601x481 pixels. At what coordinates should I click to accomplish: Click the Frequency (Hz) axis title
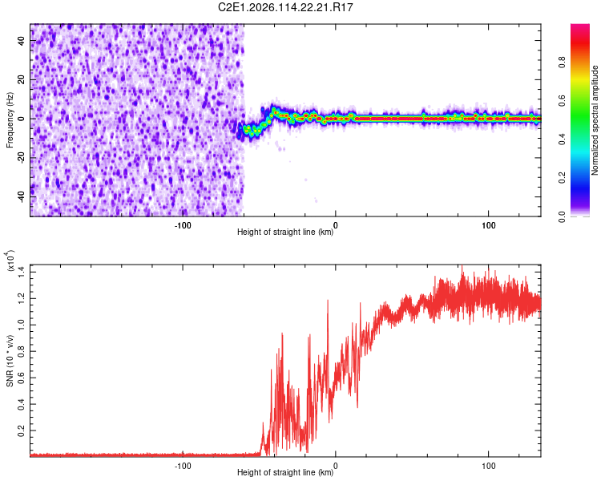[10, 119]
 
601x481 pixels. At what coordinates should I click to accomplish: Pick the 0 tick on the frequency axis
[22, 119]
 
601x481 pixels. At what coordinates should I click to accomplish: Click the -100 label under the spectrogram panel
[183, 224]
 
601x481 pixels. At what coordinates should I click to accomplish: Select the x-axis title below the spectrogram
[285, 232]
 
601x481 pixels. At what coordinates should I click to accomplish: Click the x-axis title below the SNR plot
[285, 473]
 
